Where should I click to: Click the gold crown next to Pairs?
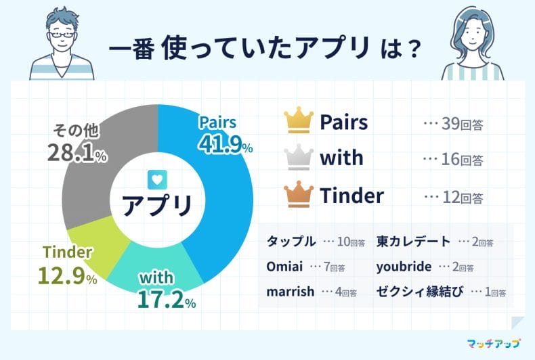point(299,119)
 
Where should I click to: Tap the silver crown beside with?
point(299,157)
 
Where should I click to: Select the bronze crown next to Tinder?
point(299,194)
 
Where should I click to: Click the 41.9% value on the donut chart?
point(226,143)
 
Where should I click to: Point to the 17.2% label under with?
point(167,299)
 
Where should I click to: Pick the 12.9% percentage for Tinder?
point(68,275)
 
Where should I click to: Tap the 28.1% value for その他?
point(77,152)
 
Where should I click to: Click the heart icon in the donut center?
point(157,179)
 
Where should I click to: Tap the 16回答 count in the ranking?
point(463,159)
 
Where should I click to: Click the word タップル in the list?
point(291,242)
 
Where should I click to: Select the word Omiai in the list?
point(284,266)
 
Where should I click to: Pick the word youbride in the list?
point(404,267)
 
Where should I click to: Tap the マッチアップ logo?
point(494,343)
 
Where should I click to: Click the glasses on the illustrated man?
point(62,34)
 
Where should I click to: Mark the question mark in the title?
point(413,50)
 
